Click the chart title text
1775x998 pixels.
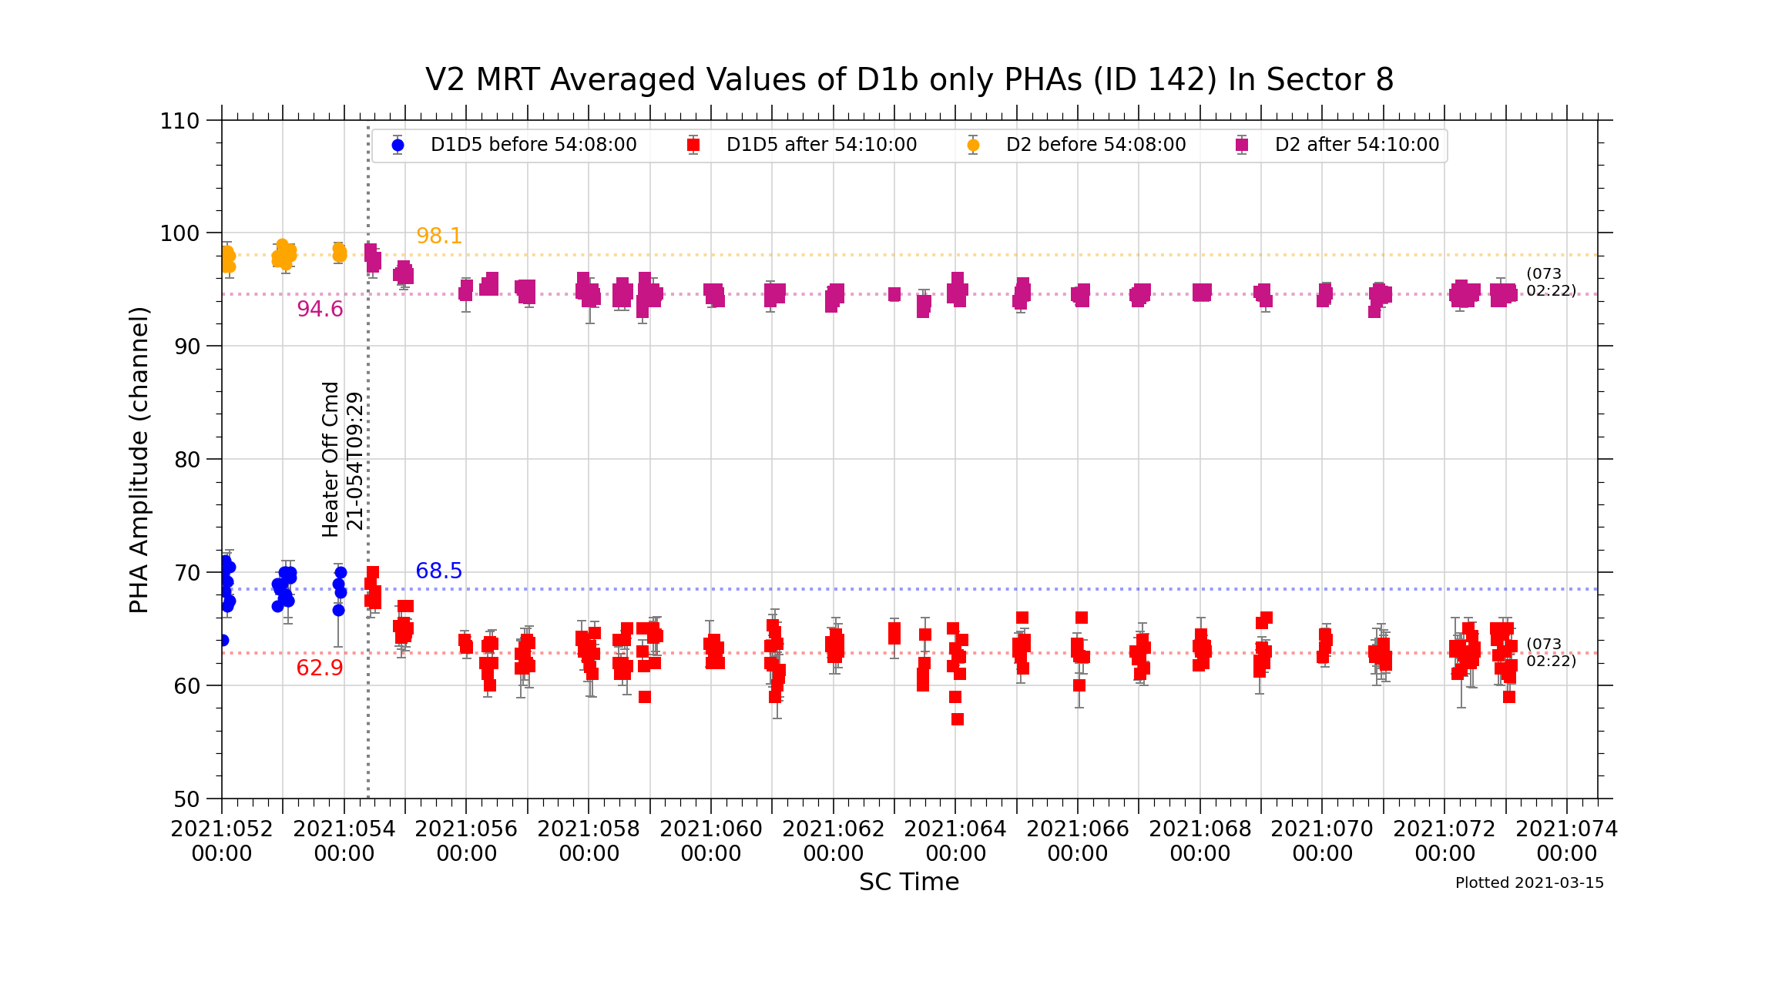click(909, 80)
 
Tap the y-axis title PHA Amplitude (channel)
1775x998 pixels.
click(139, 460)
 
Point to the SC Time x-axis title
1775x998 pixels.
click(909, 882)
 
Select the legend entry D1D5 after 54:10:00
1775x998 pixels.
click(821, 145)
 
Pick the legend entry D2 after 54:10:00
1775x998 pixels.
click(1357, 145)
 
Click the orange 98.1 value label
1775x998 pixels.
click(439, 236)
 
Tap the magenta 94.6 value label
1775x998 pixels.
click(320, 309)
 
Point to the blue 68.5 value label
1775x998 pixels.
click(439, 571)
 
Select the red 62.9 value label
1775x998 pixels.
click(320, 668)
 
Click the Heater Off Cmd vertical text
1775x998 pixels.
click(331, 460)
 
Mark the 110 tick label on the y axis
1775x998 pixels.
click(180, 121)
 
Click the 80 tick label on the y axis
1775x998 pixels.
click(186, 460)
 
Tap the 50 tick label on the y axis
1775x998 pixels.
click(186, 799)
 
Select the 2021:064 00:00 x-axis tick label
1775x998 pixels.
click(955, 841)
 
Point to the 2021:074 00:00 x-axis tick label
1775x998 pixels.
click(1566, 841)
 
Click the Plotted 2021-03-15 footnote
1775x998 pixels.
click(1529, 883)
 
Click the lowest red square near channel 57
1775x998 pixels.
click(958, 719)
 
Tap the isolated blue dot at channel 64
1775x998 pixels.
click(223, 640)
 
